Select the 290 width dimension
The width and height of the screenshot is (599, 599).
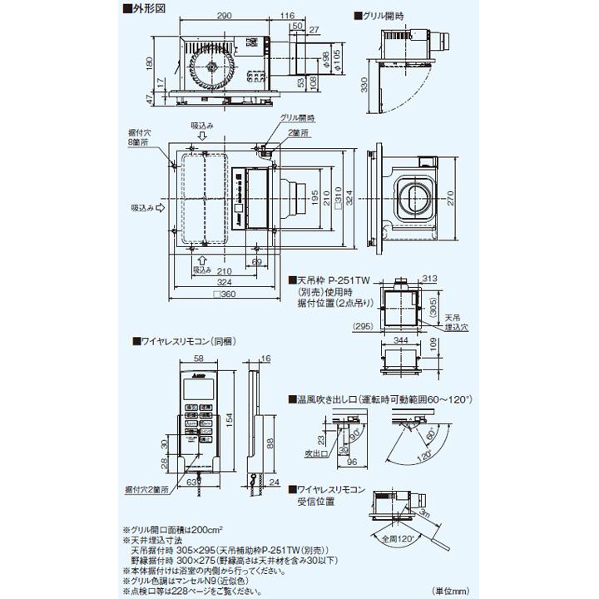[220, 17]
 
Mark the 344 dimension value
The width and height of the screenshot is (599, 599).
[401, 340]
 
